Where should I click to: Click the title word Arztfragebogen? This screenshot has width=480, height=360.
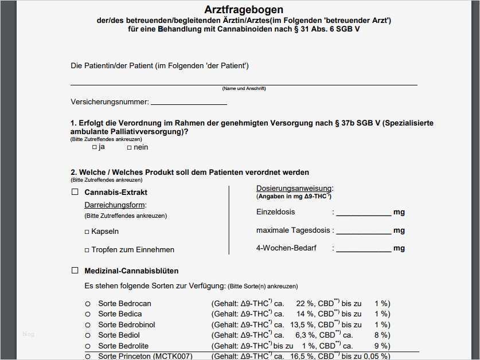point(244,10)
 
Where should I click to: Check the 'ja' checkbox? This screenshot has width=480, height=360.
point(95,147)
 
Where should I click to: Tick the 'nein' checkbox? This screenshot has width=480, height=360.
point(130,147)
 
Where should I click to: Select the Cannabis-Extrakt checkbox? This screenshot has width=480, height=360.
point(75,192)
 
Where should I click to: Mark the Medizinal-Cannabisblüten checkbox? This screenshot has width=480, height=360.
point(75,271)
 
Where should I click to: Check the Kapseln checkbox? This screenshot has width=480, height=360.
point(87,232)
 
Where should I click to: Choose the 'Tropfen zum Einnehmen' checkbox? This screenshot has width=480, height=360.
point(87,250)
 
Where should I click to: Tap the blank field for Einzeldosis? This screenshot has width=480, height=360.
point(363,213)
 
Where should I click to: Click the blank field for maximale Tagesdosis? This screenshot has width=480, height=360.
point(363,231)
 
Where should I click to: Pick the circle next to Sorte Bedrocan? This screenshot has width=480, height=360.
point(88,304)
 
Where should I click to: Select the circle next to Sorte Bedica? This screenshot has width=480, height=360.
point(88,314)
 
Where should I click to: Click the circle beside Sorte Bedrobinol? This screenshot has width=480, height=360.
point(88,325)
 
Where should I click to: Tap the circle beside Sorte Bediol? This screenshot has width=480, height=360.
point(88,335)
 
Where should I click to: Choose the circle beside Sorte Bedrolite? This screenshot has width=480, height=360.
point(88,346)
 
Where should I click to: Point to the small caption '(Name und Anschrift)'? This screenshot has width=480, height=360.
point(244,88)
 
